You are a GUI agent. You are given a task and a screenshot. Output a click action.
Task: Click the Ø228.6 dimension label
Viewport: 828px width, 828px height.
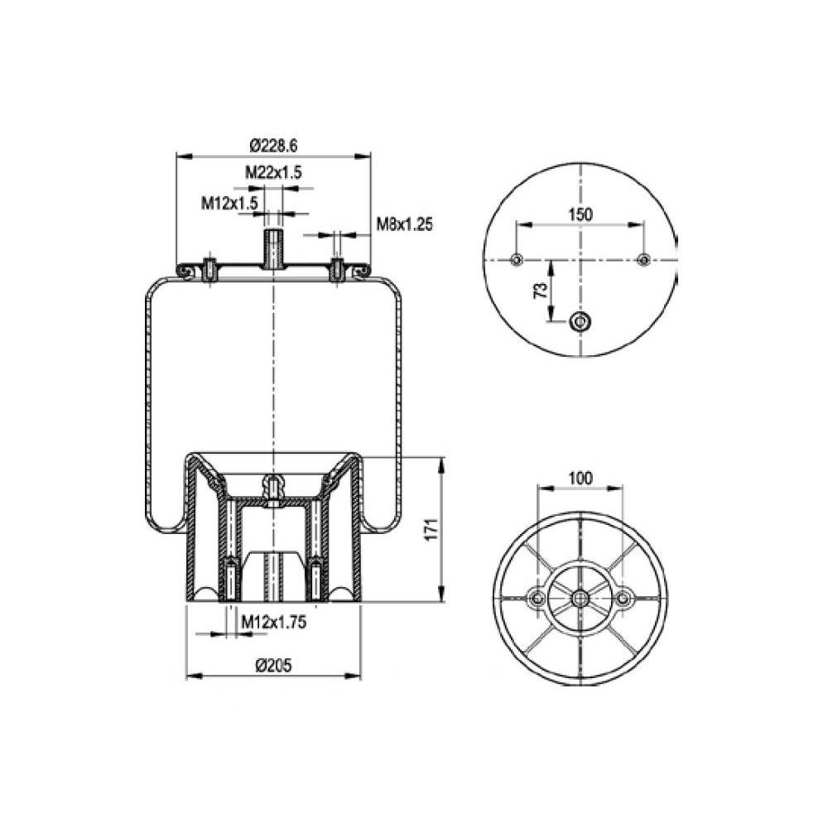click(273, 146)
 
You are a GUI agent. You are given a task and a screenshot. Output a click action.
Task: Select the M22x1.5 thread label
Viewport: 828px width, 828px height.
click(272, 172)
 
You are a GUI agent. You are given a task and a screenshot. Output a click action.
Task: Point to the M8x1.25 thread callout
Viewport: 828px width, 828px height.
click(405, 223)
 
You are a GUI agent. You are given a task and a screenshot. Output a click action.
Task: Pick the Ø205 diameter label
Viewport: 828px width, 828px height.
click(272, 664)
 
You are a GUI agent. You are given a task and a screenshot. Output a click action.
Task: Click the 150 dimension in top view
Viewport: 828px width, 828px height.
click(580, 214)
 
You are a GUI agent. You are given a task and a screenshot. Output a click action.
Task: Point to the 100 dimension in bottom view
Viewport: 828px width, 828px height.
click(580, 478)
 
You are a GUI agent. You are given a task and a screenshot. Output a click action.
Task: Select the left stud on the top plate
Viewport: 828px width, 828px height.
click(210, 270)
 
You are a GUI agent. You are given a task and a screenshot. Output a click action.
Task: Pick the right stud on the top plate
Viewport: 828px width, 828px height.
click(337, 270)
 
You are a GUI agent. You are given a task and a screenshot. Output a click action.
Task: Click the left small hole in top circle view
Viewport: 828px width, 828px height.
click(517, 260)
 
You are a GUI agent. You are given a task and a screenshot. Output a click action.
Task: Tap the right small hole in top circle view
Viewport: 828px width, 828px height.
click(644, 260)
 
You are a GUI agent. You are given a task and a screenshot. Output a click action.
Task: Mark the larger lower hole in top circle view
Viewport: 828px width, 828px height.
click(580, 320)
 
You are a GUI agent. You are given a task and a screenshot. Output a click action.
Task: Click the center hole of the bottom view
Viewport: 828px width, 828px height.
click(580, 598)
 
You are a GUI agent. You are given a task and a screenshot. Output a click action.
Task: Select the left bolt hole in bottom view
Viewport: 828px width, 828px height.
click(537, 598)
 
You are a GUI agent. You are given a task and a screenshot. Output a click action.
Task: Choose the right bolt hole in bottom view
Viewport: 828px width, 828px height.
click(623, 598)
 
